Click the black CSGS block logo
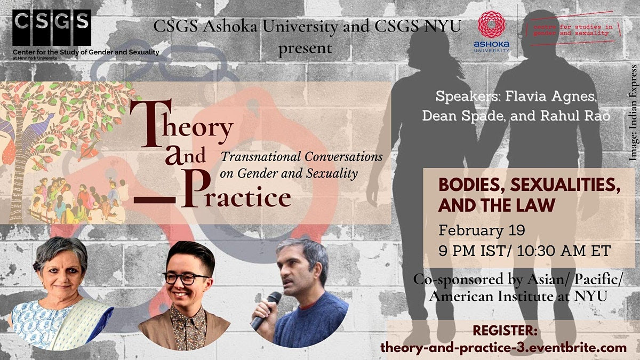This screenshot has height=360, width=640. pos(52,28)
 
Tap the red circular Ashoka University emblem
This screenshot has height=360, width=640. pos(491,25)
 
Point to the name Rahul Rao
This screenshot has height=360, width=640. pos(575,115)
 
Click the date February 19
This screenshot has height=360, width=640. pos(482,230)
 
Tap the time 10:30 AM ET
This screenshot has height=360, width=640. pos(564,251)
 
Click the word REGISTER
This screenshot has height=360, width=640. pos(505,331)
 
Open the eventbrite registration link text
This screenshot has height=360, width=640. pos(503,348)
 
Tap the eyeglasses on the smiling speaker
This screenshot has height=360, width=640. pos(186,278)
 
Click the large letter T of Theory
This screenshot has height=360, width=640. pos(150,123)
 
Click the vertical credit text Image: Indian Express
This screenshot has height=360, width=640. pos(633,113)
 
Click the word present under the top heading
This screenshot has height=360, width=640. pos(306,49)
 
